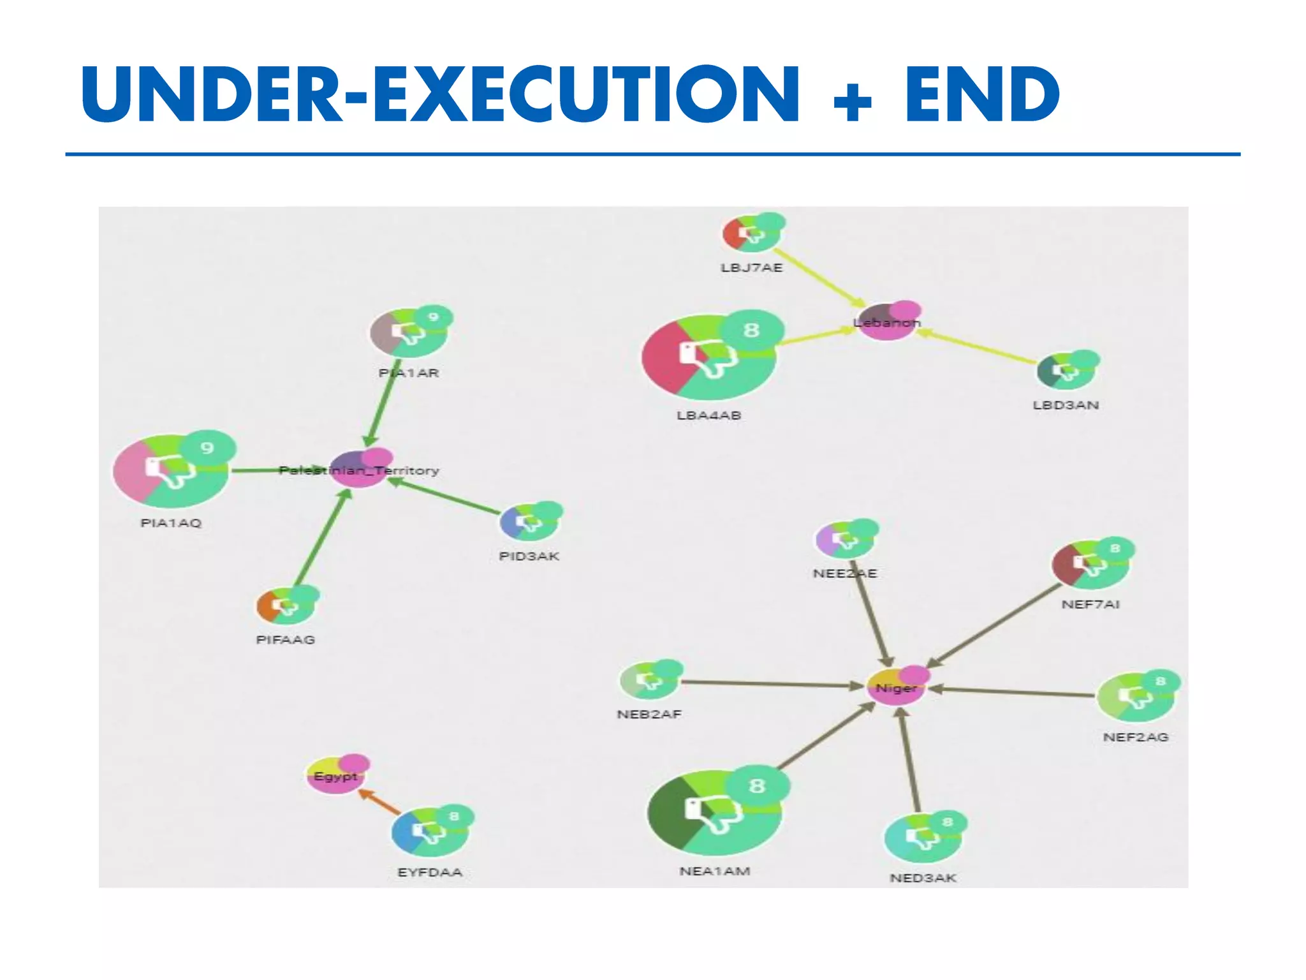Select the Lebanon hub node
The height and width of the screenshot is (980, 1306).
886,321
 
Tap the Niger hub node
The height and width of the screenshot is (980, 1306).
897,687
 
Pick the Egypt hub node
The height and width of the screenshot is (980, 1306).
336,775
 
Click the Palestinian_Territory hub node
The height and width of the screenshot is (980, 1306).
358,469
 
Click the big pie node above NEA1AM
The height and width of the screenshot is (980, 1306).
714,812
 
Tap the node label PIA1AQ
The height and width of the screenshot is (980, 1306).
171,523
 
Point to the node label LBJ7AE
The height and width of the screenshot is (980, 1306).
751,268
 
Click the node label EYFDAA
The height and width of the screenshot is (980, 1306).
430,872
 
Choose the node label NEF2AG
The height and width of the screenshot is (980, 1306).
1136,737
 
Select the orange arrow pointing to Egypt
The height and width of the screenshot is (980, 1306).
380,802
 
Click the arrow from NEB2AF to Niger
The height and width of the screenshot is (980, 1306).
772,684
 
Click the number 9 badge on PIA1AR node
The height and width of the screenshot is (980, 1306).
434,317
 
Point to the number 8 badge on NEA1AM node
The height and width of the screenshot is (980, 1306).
756,785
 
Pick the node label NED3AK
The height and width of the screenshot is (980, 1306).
923,878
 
